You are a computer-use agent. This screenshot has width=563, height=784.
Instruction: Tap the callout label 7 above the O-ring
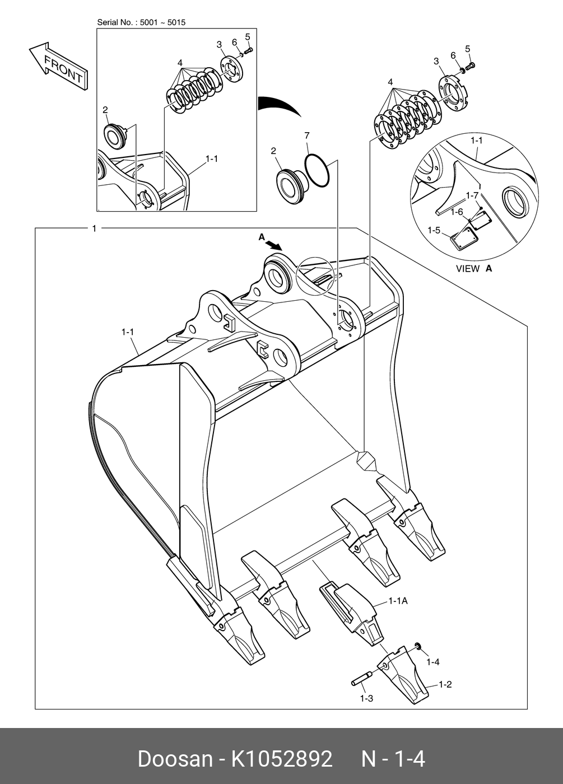pos(306,136)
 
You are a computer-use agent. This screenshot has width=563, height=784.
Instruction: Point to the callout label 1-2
pos(445,684)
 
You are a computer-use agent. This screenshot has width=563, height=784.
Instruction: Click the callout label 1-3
pos(366,698)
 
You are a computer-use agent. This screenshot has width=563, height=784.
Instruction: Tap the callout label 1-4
pos(432,662)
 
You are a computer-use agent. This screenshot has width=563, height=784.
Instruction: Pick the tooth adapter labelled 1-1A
pos(352,610)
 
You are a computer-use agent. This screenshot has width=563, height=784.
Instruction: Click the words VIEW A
pos(474,268)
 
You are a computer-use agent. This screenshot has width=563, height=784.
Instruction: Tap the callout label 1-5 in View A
pos(434,230)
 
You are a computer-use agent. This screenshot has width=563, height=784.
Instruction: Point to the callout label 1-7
pos(472,195)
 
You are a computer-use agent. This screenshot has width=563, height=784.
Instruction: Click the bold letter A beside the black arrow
pos(262,237)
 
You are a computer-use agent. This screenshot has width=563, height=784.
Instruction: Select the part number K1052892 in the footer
pos(282,759)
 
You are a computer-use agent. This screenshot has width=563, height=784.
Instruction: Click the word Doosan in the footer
pos(175,759)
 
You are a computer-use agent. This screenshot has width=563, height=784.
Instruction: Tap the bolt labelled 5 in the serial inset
pos(249,50)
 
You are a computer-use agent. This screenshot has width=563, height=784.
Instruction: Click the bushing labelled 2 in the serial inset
pos(115,136)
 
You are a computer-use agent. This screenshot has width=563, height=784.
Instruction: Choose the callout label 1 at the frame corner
pos(94,228)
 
